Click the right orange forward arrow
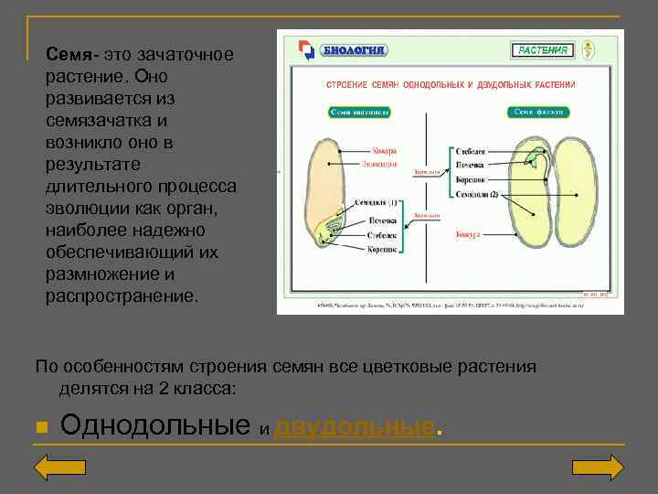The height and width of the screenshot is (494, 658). click(x=598, y=467)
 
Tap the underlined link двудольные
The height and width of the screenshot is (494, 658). click(x=354, y=426)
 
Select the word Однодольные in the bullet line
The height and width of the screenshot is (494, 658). click(x=154, y=425)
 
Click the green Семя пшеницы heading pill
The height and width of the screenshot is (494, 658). click(x=359, y=113)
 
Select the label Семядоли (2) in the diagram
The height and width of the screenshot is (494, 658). click(x=477, y=194)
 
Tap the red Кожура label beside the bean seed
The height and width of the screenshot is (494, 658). click(x=468, y=235)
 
